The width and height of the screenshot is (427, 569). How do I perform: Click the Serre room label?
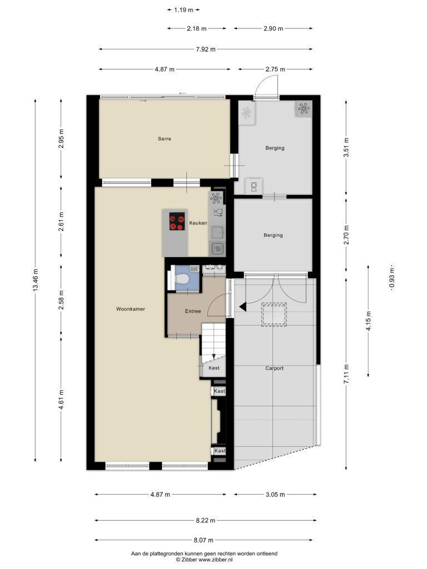pyautogui.click(x=165, y=138)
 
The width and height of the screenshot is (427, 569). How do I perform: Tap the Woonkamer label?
pyautogui.click(x=130, y=309)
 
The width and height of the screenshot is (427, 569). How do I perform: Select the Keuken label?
pyautogui.click(x=198, y=223)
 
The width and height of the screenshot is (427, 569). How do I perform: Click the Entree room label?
pyautogui.click(x=193, y=311)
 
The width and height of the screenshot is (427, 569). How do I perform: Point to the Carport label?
pyautogui.click(x=274, y=368)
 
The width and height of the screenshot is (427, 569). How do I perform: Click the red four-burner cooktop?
pyautogui.click(x=177, y=221)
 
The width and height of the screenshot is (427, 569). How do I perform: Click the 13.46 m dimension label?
pyautogui.click(x=35, y=280)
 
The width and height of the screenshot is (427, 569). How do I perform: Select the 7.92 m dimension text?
pyautogui.click(x=206, y=49)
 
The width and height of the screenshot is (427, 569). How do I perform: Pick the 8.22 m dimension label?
pyautogui.click(x=206, y=520)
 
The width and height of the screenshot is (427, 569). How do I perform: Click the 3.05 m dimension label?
pyautogui.click(x=275, y=494)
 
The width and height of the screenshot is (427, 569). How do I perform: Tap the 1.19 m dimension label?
pyautogui.click(x=183, y=10)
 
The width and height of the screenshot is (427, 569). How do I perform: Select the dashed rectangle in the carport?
pyautogui.click(x=274, y=315)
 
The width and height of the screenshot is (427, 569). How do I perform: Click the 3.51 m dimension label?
pyautogui.click(x=346, y=147)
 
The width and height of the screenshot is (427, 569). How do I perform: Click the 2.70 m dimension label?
pyautogui.click(x=346, y=235)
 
